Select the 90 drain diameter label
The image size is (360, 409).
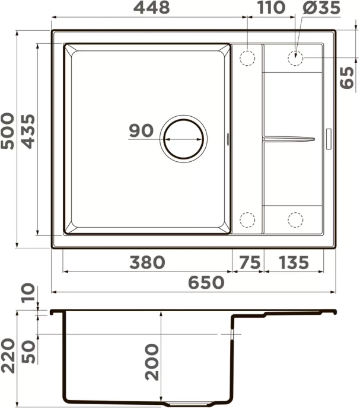[x=141, y=131]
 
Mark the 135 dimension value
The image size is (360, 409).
[x=290, y=262]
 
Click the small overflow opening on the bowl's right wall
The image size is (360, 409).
[x=229, y=138]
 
